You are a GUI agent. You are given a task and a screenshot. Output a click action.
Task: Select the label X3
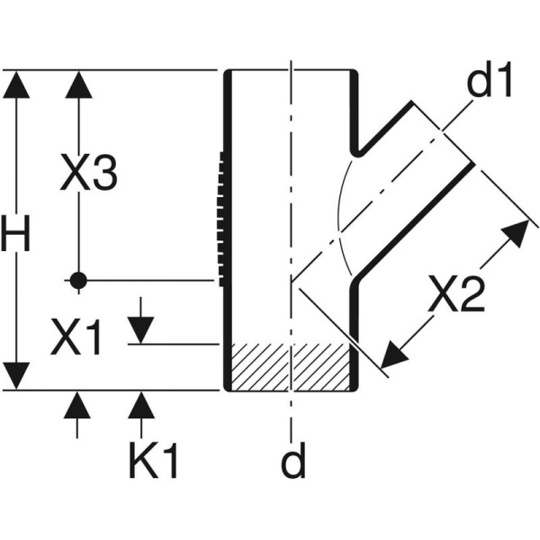click(88, 174)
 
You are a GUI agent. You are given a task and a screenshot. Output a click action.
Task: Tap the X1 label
click(76, 337)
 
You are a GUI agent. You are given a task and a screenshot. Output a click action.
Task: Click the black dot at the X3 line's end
click(79, 281)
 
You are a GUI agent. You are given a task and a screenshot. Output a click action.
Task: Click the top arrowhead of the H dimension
click(15, 85)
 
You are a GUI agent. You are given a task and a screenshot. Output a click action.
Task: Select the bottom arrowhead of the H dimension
click(15, 376)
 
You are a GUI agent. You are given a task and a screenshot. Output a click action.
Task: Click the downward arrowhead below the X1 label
click(139, 330)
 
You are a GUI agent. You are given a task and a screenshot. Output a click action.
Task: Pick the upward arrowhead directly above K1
click(139, 406)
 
